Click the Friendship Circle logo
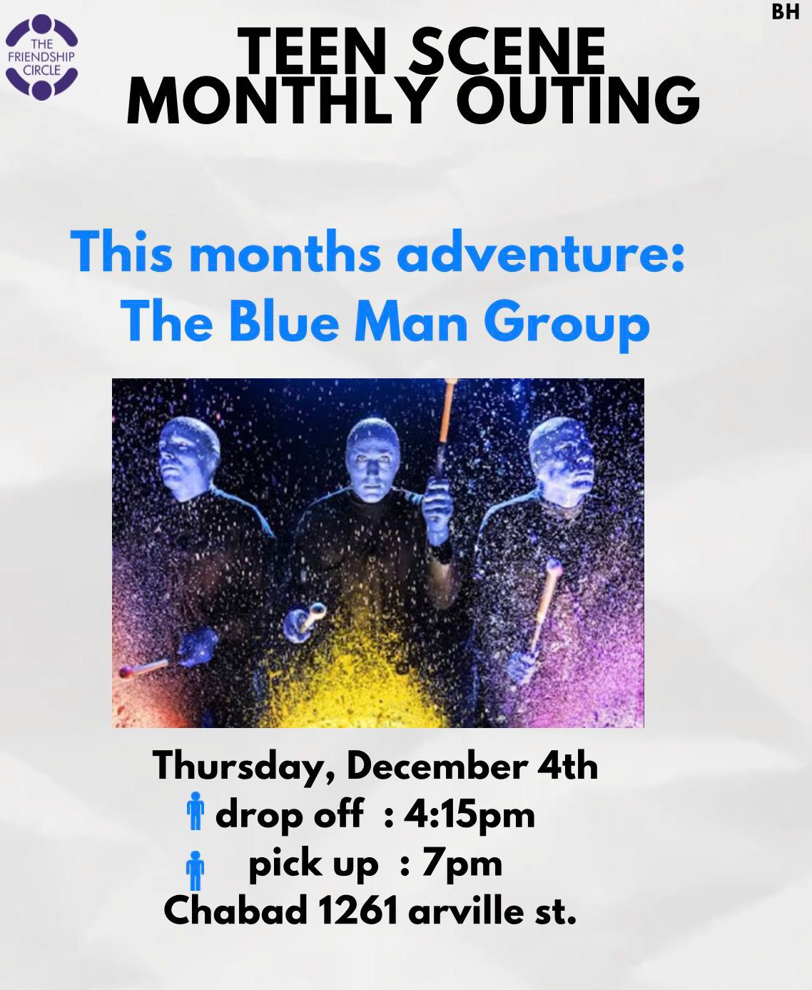tap(41, 57)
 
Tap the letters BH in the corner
tap(786, 12)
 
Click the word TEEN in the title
tap(310, 51)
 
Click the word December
tap(436, 766)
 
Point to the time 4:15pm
tap(470, 817)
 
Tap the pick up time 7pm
tap(462, 866)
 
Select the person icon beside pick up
tap(196, 870)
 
